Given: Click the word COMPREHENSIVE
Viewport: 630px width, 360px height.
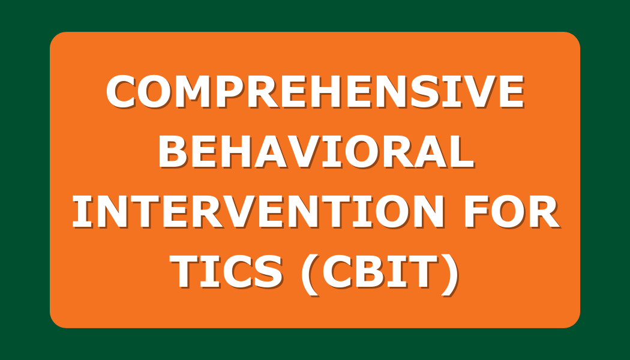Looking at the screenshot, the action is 316,92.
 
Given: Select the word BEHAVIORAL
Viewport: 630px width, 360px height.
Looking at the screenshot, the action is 316,151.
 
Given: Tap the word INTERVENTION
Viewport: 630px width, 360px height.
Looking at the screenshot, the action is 258,212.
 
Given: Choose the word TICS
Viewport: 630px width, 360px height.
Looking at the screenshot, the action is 226,272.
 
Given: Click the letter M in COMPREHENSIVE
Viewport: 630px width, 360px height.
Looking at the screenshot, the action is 194,92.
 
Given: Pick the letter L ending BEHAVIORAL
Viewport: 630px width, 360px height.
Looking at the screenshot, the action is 462,151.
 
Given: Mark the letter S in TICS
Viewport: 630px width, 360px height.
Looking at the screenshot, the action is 268,272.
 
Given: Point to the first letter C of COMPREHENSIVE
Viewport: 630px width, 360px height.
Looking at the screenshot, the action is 121,92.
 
